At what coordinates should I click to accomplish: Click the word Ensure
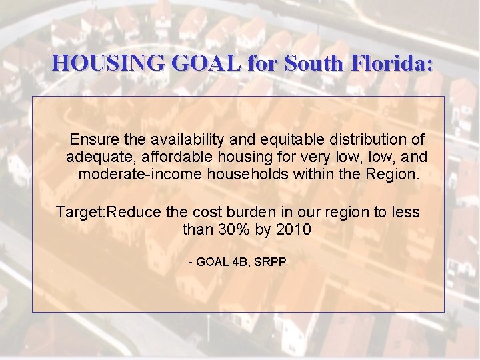[92, 140]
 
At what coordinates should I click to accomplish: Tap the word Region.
[393, 175]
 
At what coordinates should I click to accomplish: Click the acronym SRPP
[271, 262]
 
